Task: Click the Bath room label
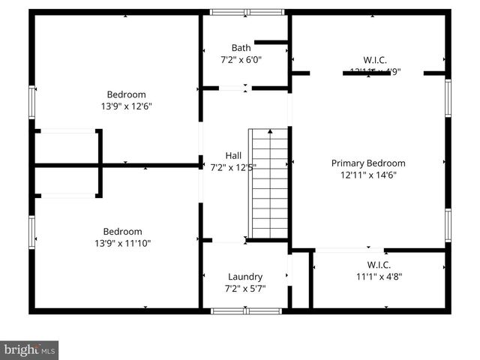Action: (x=241, y=47)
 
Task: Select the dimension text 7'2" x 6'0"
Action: (x=241, y=59)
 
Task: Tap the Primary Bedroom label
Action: (x=368, y=163)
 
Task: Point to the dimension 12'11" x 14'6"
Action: (x=368, y=175)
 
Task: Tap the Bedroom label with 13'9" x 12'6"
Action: (x=126, y=94)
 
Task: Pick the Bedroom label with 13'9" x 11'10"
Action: (x=122, y=231)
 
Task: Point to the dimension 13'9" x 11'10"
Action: (x=122, y=243)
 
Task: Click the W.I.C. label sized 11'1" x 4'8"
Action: (x=379, y=264)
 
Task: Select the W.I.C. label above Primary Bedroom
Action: (x=375, y=60)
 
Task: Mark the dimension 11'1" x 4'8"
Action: (x=379, y=276)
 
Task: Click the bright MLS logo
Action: (x=30, y=350)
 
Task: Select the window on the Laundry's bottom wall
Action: (x=235, y=310)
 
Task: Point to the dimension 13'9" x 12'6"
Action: (x=126, y=106)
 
